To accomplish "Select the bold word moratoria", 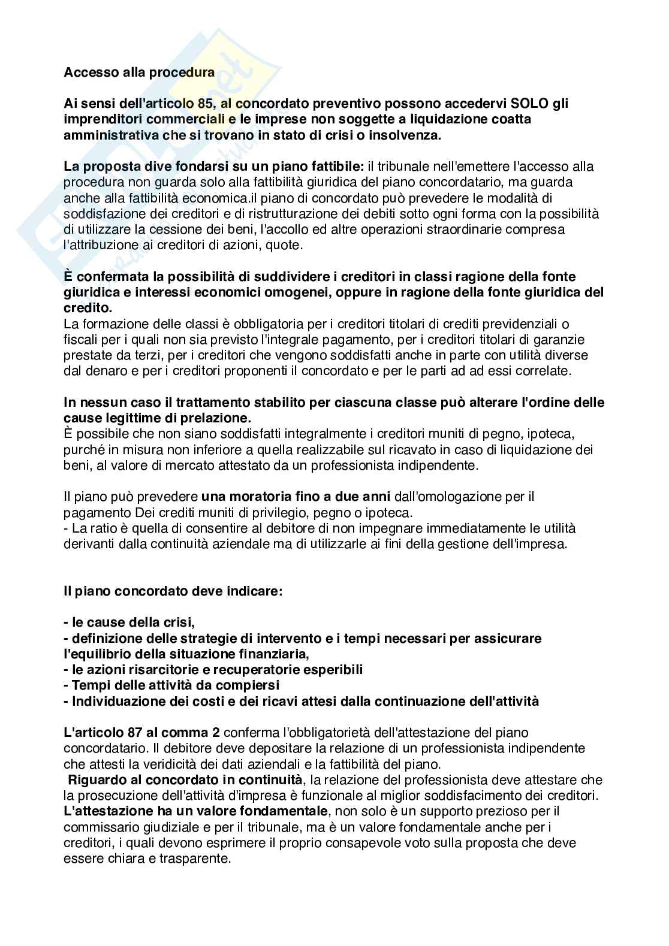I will click(x=257, y=497).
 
